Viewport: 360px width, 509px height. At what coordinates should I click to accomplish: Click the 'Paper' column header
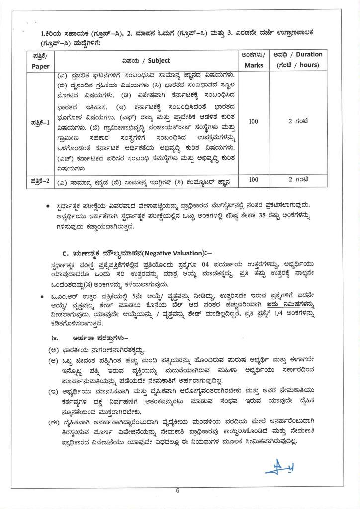tap(37, 66)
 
